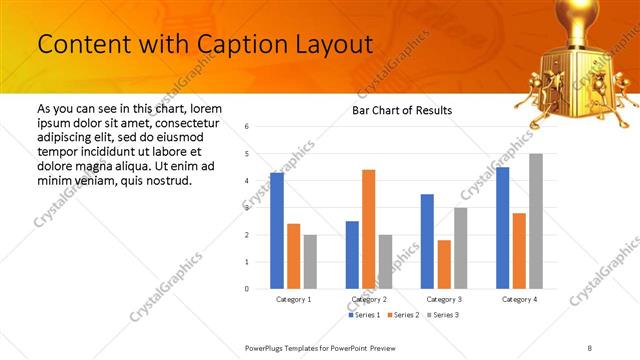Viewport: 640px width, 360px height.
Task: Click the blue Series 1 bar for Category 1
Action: (277, 231)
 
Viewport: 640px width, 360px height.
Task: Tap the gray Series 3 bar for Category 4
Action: (535, 221)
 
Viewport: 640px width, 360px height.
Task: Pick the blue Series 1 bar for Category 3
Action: (427, 241)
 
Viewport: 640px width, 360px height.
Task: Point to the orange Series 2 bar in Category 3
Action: (443, 264)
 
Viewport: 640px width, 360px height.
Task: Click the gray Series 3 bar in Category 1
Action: (310, 262)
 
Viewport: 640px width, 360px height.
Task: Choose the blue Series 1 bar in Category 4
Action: (502, 228)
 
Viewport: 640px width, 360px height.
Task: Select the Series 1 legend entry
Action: (364, 315)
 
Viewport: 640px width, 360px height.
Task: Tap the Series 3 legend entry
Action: (446, 315)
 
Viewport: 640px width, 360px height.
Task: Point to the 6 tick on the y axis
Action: (247, 127)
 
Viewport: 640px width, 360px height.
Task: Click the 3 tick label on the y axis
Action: (247, 208)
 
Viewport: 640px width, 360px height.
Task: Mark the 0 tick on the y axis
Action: (247, 289)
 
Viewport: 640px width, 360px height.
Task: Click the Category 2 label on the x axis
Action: (369, 299)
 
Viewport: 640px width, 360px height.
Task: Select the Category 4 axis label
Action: (519, 299)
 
